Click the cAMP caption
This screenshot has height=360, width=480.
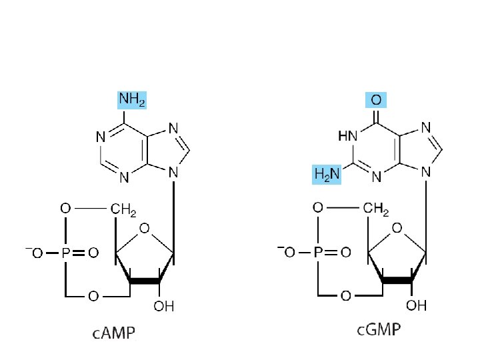click(x=113, y=333)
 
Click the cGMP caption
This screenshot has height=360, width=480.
click(x=377, y=331)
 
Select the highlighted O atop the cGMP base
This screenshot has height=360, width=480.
click(x=376, y=101)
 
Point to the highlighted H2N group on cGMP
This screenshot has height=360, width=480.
click(x=327, y=175)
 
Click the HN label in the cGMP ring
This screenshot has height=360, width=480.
click(x=347, y=136)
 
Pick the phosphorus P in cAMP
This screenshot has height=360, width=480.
click(x=65, y=253)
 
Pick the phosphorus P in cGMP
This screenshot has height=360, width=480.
click(x=317, y=253)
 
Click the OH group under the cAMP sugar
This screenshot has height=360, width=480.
click(x=163, y=307)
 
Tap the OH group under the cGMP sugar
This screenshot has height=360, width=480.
click(x=416, y=306)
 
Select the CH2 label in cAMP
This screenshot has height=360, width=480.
click(x=123, y=210)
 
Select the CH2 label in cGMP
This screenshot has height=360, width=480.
click(x=377, y=210)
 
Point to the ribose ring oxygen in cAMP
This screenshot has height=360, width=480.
click(x=145, y=230)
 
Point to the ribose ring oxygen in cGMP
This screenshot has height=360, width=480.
click(x=397, y=230)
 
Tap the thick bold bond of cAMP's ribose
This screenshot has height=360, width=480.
click(x=145, y=280)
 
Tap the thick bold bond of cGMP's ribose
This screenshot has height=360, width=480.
click(x=397, y=280)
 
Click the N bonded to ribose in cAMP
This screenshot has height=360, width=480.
click(x=173, y=173)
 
